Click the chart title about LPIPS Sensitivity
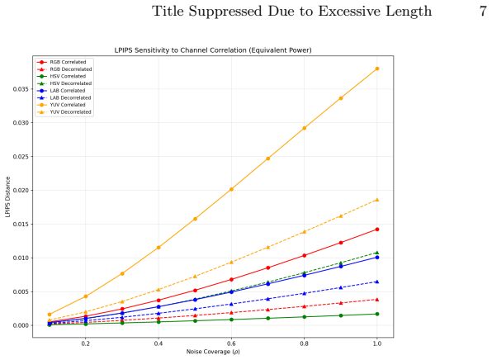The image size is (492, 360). point(213,50)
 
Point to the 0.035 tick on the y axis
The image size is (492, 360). point(21,89)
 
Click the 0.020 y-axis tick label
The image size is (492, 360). point(21,191)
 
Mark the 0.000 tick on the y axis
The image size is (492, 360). point(21,325)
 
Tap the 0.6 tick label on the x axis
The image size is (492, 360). point(231,343)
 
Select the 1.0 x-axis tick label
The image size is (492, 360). point(377,343)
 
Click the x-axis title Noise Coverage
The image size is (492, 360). point(213,352)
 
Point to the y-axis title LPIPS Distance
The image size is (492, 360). point(8,197)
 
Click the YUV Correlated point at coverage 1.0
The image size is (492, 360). point(377,69)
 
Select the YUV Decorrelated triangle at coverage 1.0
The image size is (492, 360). point(377,200)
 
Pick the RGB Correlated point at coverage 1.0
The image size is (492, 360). point(377,230)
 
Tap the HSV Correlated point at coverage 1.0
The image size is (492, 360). point(377,315)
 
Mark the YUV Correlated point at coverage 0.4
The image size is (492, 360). point(158,248)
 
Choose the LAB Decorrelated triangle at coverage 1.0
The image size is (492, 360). point(377,282)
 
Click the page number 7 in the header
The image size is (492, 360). point(483,12)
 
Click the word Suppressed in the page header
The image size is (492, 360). point(225,12)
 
